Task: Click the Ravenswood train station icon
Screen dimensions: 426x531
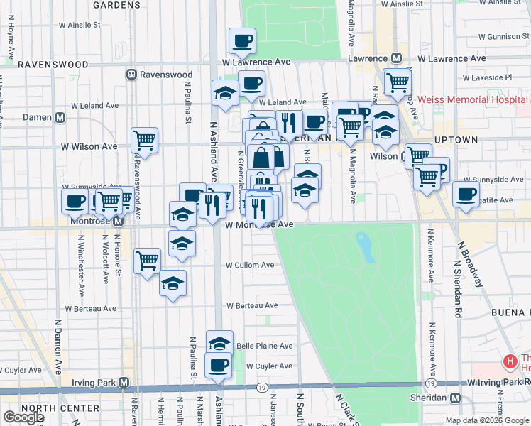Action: tap(131, 75)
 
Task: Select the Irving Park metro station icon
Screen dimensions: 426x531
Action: tap(124, 383)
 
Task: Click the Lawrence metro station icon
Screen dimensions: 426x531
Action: tap(397, 58)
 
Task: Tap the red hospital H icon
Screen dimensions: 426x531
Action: tap(509, 362)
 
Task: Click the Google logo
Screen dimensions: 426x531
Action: tap(23, 417)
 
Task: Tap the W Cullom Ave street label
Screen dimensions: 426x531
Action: tap(250, 265)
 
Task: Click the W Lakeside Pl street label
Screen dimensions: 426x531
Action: tap(487, 77)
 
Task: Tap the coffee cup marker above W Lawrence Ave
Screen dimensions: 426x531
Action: tap(242, 41)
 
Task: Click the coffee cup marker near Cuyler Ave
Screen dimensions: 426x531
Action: tap(218, 365)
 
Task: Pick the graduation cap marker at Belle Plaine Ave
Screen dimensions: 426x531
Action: tap(219, 343)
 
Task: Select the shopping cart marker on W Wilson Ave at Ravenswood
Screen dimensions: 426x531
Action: tap(145, 140)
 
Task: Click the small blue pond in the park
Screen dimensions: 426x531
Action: tap(366, 246)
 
